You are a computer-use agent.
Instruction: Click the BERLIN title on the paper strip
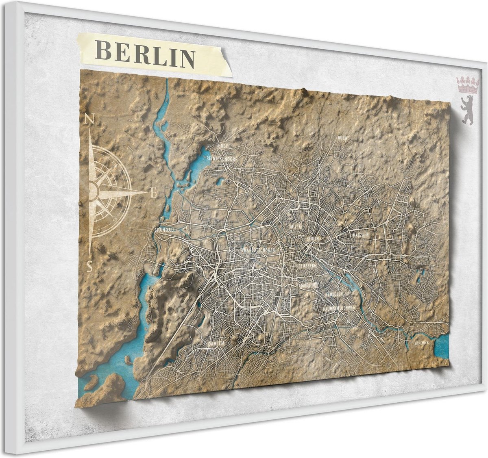[145, 54]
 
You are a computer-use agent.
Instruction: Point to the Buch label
[342, 139]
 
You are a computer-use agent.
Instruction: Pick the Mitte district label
[296, 226]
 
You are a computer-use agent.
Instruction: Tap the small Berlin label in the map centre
[313, 239]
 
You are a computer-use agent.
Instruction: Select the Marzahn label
[361, 236]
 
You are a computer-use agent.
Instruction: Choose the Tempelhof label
[307, 285]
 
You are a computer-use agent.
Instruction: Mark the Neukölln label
[334, 294]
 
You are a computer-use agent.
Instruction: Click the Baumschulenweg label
[339, 308]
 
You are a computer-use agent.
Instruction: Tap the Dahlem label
[216, 343]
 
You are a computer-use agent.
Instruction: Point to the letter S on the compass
[90, 266]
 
